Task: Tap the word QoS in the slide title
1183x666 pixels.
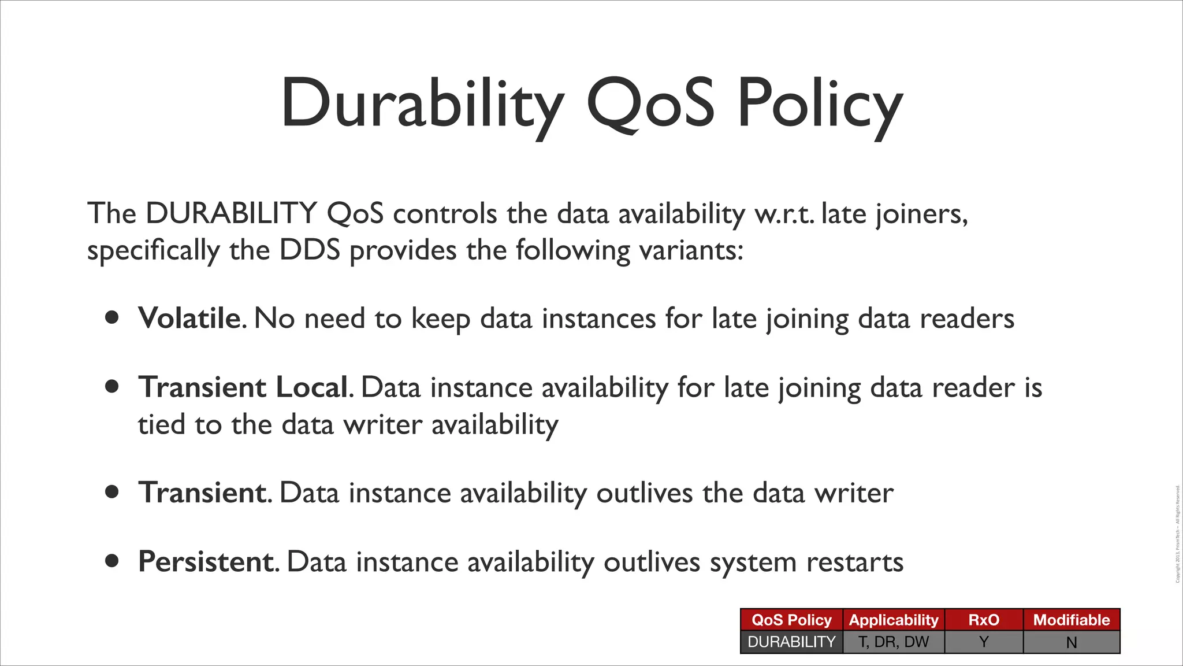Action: (x=650, y=104)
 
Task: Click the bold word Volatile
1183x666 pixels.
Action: (x=189, y=319)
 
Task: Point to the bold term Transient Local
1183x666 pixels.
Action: (x=243, y=387)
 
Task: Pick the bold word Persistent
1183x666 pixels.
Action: (x=206, y=562)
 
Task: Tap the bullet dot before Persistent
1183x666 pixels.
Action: (x=112, y=561)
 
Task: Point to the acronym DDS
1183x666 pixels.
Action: (x=310, y=250)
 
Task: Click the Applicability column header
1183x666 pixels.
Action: (x=894, y=620)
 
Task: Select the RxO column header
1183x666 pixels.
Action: (x=984, y=620)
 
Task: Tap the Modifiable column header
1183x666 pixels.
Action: (x=1072, y=620)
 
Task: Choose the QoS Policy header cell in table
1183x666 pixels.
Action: (x=791, y=620)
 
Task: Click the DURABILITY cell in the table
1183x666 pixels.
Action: (x=791, y=642)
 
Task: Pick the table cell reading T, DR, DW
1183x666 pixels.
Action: (x=894, y=642)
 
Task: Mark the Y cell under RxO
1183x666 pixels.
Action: (x=984, y=642)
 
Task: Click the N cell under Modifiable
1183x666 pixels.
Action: (x=1072, y=642)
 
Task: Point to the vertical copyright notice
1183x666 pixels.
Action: (x=1178, y=534)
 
